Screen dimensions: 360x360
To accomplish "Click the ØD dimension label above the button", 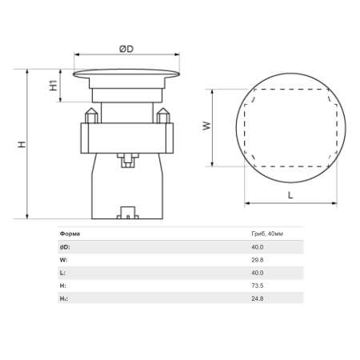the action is [126, 49].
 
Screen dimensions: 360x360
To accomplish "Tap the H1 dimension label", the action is [54, 85].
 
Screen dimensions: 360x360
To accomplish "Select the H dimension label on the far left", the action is [22, 144].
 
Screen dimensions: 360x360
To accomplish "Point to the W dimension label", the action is [206, 126].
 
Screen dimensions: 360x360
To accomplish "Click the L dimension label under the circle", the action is [290, 195].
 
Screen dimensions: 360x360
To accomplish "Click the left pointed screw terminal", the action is [91, 115].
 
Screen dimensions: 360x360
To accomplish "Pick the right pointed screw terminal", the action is [163, 115].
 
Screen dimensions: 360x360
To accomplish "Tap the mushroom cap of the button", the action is [126, 74].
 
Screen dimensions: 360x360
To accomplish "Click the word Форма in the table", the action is [70, 234].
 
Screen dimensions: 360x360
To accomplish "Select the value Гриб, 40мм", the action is [267, 234].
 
